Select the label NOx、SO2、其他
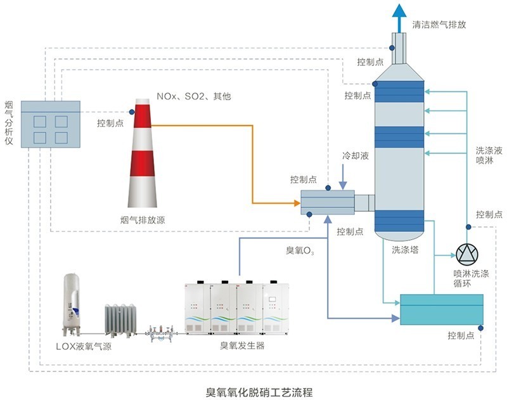pyautogui.click(x=195, y=96)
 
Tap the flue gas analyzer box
pyautogui.click(x=51, y=124)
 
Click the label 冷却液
pyautogui.click(x=355, y=155)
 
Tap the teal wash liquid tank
pyautogui.click(x=440, y=309)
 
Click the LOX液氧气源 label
pyautogui.click(x=84, y=346)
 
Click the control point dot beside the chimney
pyautogui.click(x=132, y=112)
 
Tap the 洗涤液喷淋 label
pyautogui.click(x=489, y=155)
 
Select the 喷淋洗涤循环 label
pyautogui.click(x=470, y=279)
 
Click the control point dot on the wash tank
pyautogui.click(x=480, y=328)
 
